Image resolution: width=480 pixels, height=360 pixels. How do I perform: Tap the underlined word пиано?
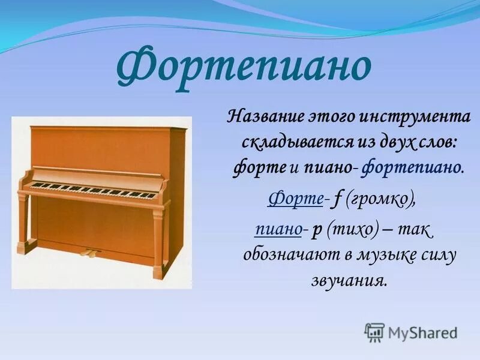point(278,229)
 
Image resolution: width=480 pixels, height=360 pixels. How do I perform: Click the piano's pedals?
point(90,252)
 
